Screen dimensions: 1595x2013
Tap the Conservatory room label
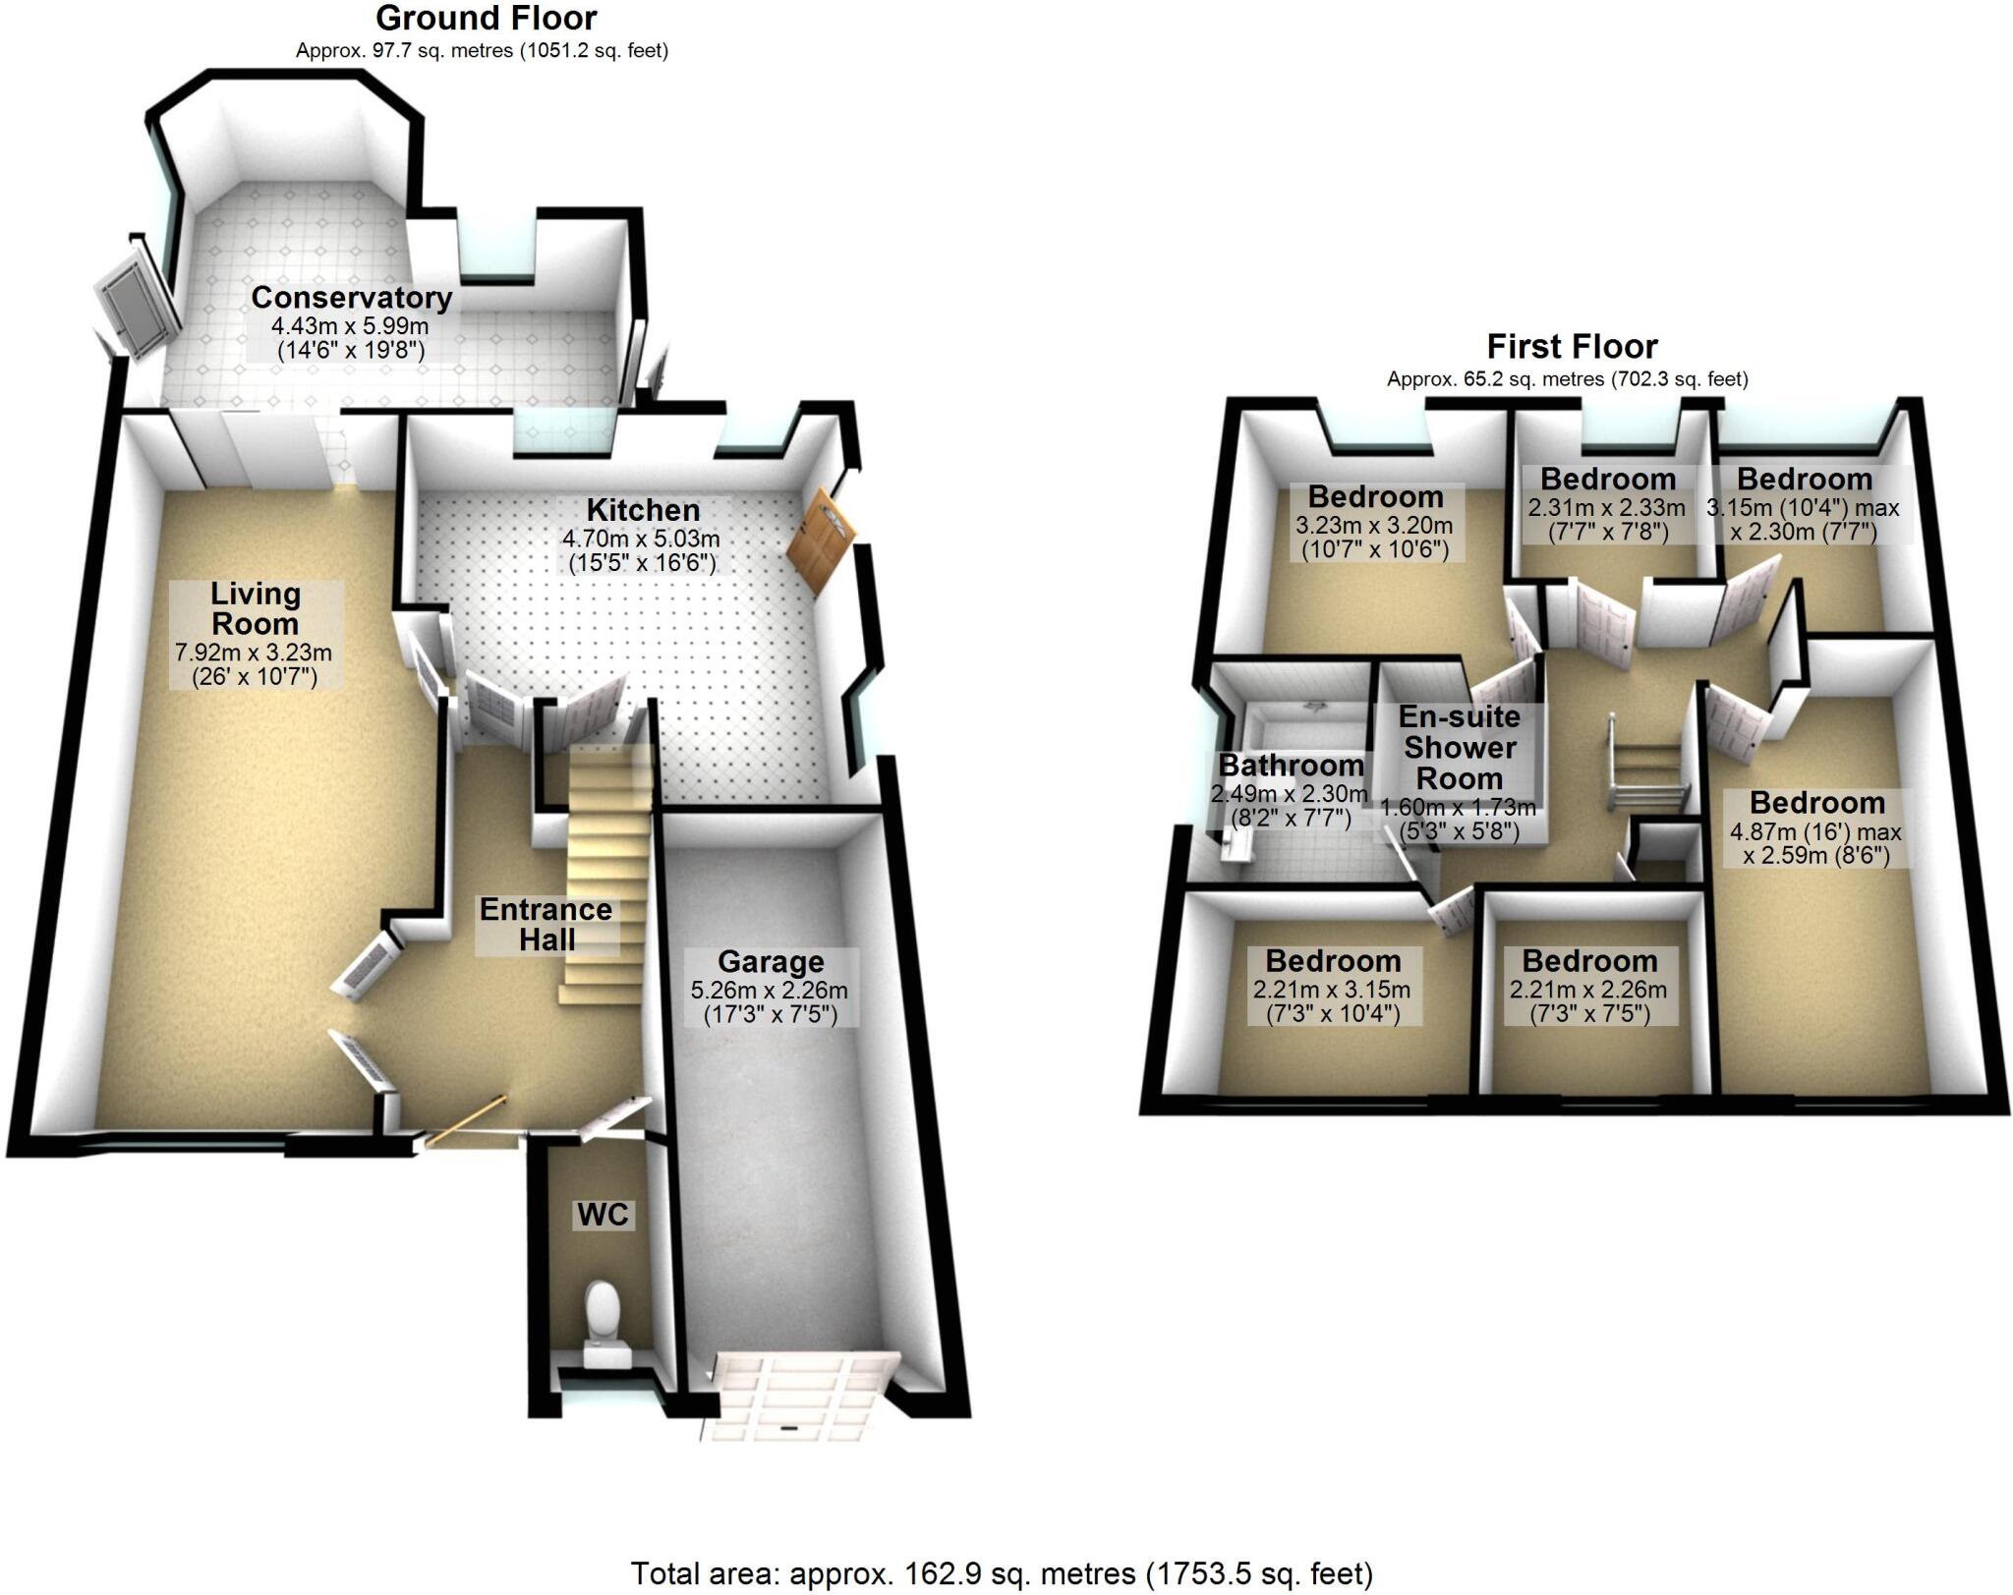351,297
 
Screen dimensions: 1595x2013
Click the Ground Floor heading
486,18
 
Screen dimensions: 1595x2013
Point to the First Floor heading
1572,346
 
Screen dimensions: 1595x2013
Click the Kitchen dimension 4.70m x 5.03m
641,539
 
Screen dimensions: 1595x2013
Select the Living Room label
256,608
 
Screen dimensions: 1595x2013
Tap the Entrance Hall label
546,924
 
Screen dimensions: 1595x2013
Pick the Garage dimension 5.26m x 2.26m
770,991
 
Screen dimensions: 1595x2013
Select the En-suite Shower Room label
1459,747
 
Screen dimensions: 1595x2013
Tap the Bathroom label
1291,765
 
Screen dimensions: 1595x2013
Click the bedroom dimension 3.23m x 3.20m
1374,526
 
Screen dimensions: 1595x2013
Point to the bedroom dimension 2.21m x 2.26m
1588,990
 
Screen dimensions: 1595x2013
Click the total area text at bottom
1001,1573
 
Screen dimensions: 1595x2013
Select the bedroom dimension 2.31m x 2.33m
1606,508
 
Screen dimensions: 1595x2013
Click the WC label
603,1214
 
